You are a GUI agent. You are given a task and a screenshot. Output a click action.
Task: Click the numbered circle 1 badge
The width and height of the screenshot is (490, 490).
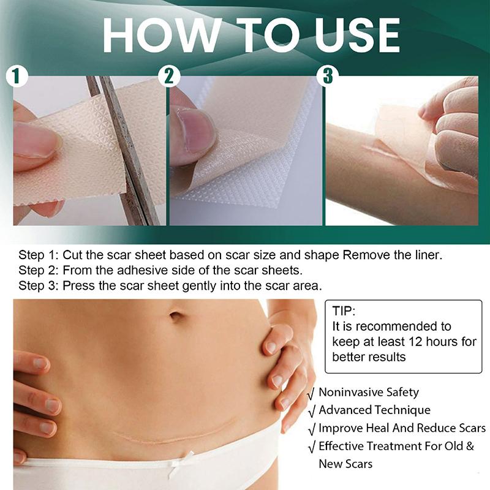(x=18, y=77)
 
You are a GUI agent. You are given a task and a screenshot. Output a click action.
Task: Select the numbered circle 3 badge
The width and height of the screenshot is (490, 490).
(x=327, y=76)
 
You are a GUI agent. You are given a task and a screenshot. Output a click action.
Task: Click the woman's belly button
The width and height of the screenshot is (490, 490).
(x=176, y=317)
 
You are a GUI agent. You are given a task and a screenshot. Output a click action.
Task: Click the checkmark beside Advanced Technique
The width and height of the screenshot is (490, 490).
(x=312, y=411)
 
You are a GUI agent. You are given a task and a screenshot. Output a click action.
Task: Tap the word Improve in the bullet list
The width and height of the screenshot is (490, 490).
(x=338, y=429)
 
